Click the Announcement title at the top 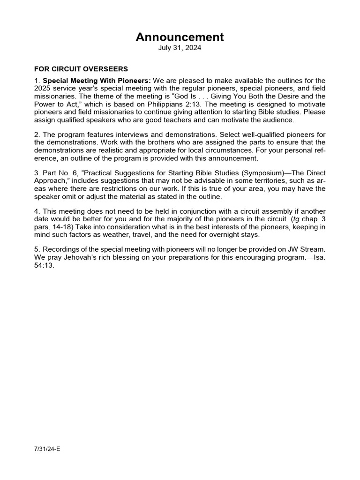point(180,37)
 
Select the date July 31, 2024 point(180,48)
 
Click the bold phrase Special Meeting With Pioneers point(97,81)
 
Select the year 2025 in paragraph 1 point(43,89)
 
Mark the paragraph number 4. point(37,211)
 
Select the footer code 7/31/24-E point(47,449)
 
